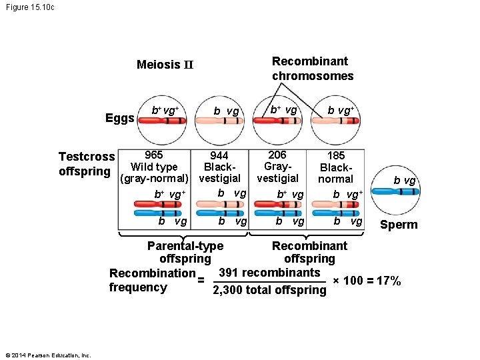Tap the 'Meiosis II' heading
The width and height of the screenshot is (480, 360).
coord(165,65)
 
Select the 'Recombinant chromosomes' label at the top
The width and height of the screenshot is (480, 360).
coord(313,69)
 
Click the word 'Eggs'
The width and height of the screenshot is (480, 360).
coord(120,119)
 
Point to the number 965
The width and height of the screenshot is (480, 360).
coord(155,155)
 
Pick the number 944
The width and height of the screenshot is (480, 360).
coord(220,155)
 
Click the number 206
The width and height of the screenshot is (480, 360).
coord(278,155)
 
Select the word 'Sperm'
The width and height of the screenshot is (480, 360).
coord(398,225)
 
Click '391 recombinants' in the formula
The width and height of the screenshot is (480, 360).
coord(269,273)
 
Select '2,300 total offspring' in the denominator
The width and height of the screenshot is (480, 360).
coord(269,289)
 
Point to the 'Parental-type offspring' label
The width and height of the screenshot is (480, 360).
coord(185,252)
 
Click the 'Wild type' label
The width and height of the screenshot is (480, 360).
coord(154,167)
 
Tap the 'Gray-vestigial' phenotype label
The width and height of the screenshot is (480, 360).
coord(277,172)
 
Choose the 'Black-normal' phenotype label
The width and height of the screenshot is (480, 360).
coord(336,173)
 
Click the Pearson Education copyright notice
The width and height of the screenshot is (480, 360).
coord(47,355)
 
